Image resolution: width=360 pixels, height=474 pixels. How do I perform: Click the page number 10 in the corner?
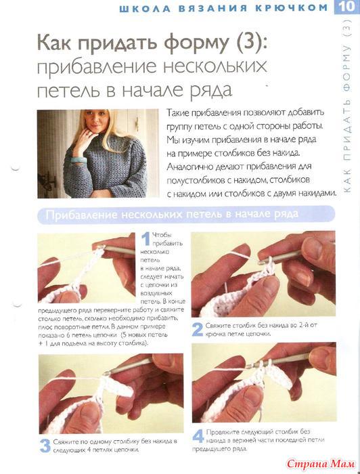tap(346, 6)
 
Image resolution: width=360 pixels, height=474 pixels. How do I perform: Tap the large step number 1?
tap(146, 239)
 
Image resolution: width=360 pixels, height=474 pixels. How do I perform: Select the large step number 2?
tap(198, 330)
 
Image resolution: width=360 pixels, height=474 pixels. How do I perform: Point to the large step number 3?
tap(45, 446)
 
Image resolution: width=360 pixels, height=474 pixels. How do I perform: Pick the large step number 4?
tap(198, 437)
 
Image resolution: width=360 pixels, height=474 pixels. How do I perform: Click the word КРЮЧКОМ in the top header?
tap(292, 8)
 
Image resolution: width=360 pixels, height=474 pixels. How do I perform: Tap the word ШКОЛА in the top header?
tap(145, 8)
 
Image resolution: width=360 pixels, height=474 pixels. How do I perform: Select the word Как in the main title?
tap(54, 42)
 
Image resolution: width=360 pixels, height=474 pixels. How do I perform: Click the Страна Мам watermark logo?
tap(321, 463)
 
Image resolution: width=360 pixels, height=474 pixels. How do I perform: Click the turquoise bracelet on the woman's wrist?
tap(78, 160)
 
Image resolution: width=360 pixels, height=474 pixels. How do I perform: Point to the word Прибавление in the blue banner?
tap(82, 215)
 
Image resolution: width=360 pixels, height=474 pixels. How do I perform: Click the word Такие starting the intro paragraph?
tap(178, 113)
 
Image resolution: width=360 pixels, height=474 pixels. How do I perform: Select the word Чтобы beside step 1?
tap(162, 235)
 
